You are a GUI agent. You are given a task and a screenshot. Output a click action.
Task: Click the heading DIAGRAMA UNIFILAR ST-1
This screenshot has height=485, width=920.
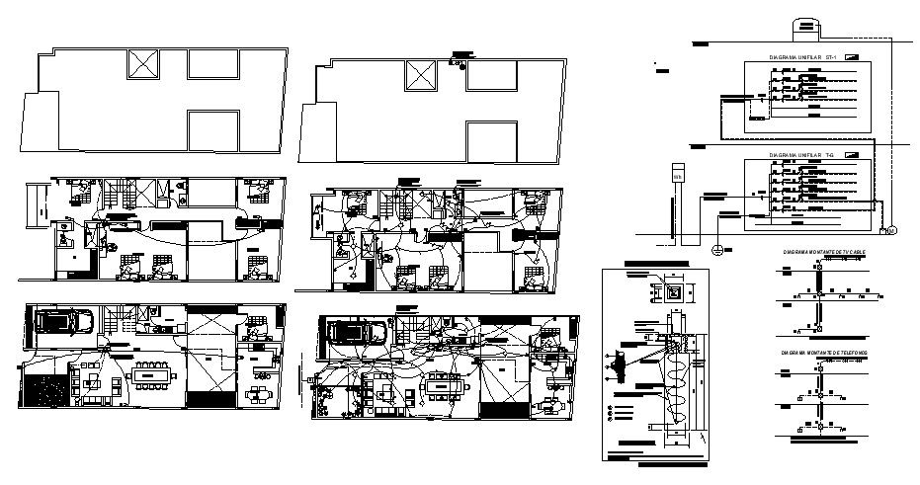(x=803, y=58)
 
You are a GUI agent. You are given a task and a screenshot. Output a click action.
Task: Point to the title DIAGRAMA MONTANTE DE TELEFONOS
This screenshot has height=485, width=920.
(x=823, y=352)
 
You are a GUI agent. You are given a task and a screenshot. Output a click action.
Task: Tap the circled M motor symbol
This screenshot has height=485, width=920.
(x=889, y=230)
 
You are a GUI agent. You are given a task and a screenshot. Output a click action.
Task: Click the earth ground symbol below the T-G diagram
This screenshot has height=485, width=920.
(x=717, y=248)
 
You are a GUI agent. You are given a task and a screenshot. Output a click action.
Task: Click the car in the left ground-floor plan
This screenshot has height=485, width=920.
(x=64, y=321)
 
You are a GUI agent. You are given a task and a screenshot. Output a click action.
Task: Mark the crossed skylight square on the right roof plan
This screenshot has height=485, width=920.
(x=422, y=76)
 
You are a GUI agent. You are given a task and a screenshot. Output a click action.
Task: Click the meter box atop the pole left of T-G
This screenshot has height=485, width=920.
(x=678, y=173)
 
